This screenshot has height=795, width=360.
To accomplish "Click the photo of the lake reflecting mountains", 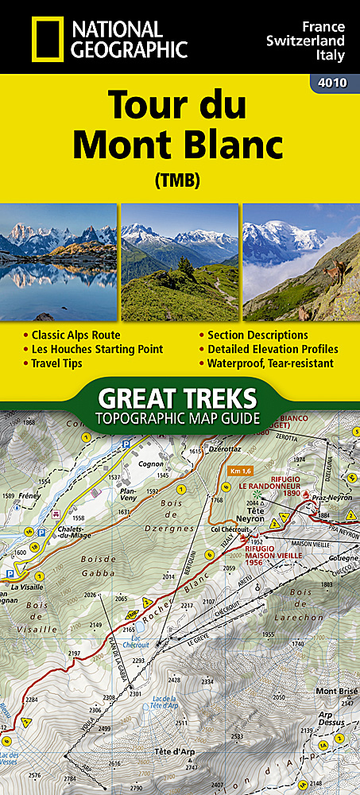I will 59,262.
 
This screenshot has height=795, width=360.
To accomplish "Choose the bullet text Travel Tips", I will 57,363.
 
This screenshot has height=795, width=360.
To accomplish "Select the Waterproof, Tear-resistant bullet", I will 270,363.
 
